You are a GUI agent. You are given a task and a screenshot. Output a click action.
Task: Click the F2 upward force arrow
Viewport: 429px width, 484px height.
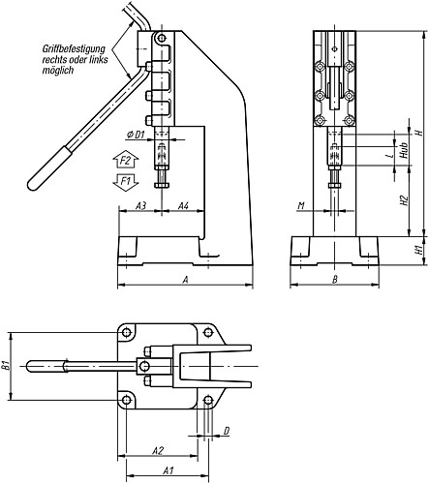coord(126,160)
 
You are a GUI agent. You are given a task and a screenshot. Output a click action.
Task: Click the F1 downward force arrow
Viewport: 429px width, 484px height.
coord(126,183)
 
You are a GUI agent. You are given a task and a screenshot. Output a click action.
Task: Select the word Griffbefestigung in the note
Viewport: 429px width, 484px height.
coord(74,49)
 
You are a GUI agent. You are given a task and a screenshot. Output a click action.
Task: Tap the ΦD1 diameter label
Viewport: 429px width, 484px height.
coord(136,135)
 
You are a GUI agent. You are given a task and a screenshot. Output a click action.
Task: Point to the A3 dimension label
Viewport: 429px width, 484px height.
coord(140,205)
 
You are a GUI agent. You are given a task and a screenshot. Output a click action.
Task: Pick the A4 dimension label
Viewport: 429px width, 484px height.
coord(183,205)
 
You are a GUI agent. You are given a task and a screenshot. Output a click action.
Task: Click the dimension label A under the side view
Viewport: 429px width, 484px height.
coord(185,280)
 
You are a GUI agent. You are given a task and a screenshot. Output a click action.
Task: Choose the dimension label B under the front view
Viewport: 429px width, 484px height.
coord(335,280)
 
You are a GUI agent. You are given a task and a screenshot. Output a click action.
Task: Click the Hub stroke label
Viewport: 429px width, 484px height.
coord(404,150)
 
